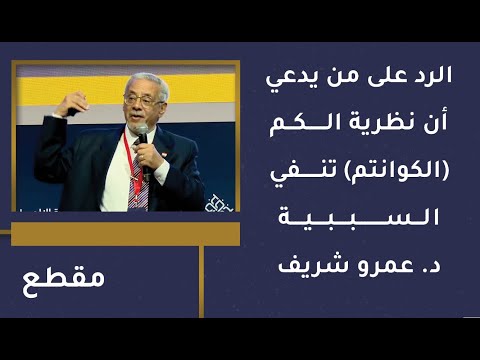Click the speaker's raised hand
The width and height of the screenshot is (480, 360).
pos(73,104)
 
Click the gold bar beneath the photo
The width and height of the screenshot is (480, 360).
pos(125,233)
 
